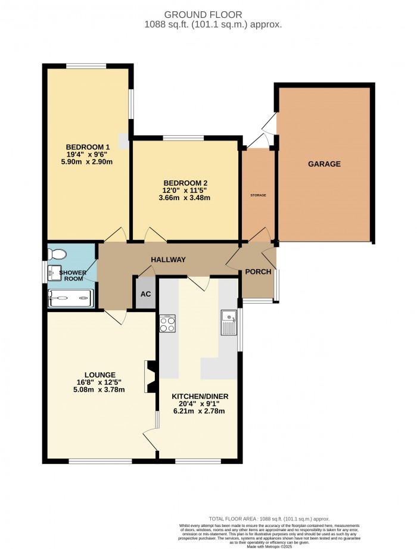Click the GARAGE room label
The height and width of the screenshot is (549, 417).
[324, 164]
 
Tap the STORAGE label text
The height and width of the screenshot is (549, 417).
[257, 195]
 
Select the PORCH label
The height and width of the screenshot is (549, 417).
[259, 272]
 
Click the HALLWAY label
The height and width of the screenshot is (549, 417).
[168, 260]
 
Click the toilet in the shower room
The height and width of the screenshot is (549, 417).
[58, 254]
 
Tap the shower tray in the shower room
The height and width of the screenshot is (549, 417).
[70, 298]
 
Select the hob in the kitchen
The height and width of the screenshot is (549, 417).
[166, 323]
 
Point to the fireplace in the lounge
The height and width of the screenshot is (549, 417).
[149, 376]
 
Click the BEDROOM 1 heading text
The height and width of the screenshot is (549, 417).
[88, 147]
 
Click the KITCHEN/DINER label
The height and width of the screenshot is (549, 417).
[200, 396]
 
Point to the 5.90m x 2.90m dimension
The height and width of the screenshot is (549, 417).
[88, 163]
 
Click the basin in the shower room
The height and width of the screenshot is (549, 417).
[56, 273]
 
